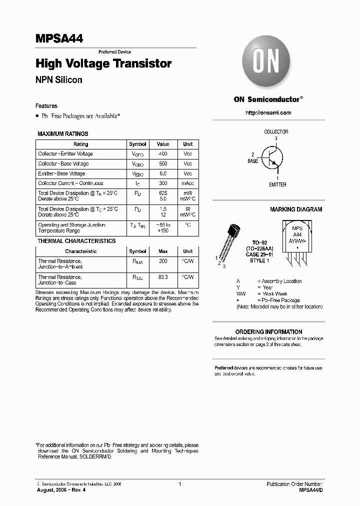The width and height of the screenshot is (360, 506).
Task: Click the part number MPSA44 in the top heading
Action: coord(59,38)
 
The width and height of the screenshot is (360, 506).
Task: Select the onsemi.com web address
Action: coord(268,112)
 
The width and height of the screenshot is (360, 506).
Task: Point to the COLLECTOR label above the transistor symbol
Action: coord(276,132)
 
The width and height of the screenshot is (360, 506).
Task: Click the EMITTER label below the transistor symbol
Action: coord(277,184)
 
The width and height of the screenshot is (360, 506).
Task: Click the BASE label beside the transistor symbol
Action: coord(253,161)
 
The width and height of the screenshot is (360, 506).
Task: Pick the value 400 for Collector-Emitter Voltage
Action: coord(163,154)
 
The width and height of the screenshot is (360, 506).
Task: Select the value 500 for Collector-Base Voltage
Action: coord(163,164)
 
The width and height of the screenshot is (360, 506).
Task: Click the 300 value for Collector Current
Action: coord(163,183)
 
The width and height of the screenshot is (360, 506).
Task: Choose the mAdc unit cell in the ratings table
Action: coord(187,183)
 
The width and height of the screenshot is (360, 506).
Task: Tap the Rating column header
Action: coord(80,144)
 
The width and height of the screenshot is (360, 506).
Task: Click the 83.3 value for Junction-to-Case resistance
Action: coord(163,276)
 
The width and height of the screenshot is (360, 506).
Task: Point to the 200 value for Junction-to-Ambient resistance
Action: coord(163,261)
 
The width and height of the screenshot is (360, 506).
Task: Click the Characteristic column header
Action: coord(80,251)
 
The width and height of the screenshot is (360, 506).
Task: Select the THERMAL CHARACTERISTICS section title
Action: coord(76,241)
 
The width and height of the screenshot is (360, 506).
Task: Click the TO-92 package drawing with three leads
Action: coord(230,242)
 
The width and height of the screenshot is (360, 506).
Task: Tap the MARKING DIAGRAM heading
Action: coord(296,209)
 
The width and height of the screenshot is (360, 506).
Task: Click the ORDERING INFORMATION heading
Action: coord(268,331)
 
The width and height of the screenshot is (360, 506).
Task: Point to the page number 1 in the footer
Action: coord(179,484)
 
